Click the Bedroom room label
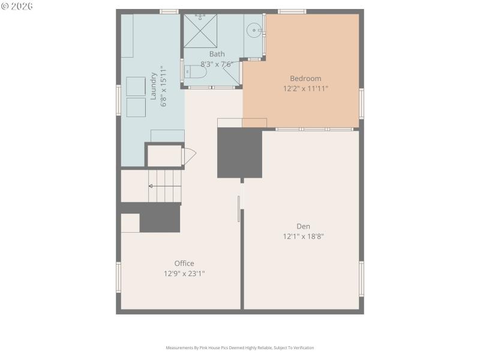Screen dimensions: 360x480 point(305,78)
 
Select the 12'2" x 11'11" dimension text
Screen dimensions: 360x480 point(305,88)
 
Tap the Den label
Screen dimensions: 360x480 point(303,226)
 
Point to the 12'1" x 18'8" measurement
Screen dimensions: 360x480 point(304,236)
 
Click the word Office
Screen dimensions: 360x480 point(184,263)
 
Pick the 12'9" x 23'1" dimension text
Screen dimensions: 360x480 point(185,274)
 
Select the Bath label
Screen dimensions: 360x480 point(217,54)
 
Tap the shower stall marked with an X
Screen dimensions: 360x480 point(200,31)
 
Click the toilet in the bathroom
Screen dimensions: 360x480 point(196,73)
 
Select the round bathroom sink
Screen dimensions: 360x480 point(254,29)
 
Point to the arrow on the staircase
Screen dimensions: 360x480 point(151,186)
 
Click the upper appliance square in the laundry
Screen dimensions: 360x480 point(136,86)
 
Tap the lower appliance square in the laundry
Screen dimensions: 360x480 point(136,107)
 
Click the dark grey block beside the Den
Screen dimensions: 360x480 point(239,153)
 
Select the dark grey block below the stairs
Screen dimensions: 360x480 point(160,218)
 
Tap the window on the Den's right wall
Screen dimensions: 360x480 point(361,278)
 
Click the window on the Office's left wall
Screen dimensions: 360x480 point(119,277)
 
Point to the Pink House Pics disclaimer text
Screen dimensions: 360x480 point(240,347)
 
